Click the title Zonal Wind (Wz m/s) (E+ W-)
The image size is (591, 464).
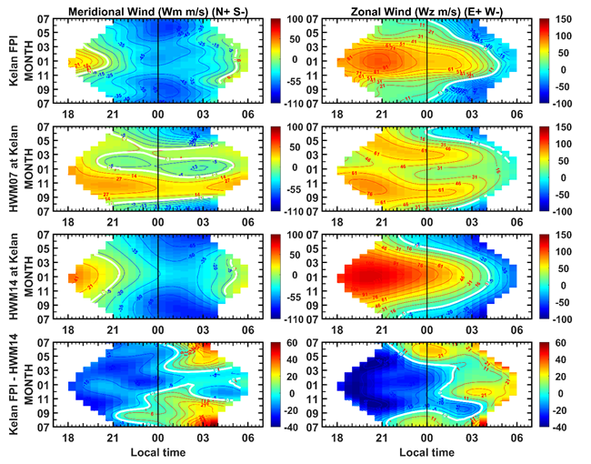[426, 8]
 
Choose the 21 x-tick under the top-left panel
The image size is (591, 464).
[113, 116]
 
